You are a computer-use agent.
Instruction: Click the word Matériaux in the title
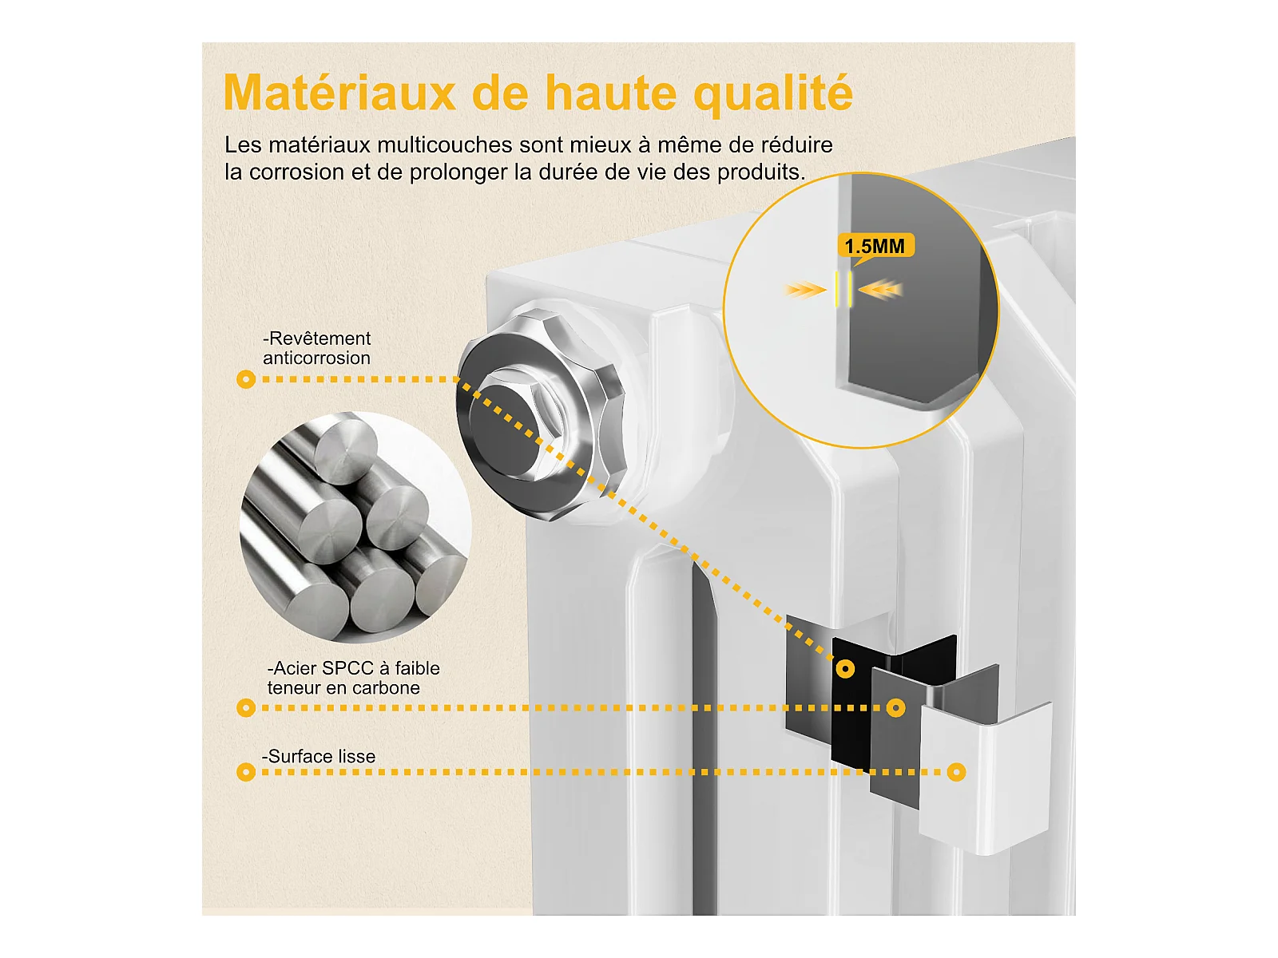[339, 93]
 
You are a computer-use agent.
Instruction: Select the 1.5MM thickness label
[875, 246]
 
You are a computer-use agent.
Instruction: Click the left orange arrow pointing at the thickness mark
[805, 290]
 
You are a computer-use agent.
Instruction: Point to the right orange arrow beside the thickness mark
[881, 289]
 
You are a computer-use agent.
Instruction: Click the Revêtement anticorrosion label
[317, 348]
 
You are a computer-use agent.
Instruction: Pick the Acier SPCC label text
[353, 678]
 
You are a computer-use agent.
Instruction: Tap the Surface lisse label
[319, 756]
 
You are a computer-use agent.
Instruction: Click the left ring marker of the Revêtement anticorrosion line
[246, 379]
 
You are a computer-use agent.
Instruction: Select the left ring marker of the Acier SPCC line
[246, 708]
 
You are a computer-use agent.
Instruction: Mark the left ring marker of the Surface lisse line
[246, 773]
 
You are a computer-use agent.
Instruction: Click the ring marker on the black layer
[845, 668]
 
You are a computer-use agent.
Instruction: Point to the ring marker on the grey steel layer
[896, 708]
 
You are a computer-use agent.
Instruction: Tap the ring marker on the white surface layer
[956, 773]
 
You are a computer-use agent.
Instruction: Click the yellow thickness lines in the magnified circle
[843, 289]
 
